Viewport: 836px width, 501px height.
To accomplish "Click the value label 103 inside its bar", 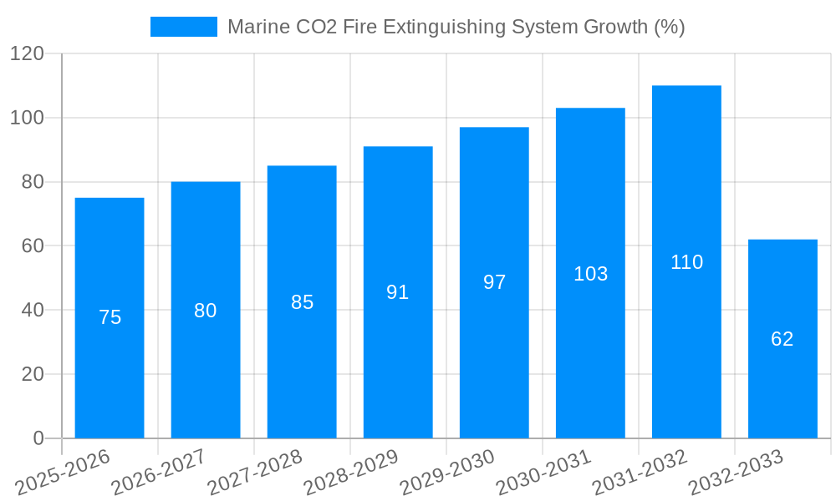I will [x=590, y=274].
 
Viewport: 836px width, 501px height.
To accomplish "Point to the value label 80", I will [x=206, y=311].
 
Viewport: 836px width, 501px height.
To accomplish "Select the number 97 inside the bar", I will [x=494, y=282].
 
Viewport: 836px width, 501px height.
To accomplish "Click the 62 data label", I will [x=782, y=339].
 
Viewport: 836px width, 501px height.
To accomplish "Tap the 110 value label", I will [x=686, y=262].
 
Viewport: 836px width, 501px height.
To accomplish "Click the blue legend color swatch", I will [x=183, y=27].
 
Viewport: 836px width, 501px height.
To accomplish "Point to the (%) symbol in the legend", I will [x=670, y=27].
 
